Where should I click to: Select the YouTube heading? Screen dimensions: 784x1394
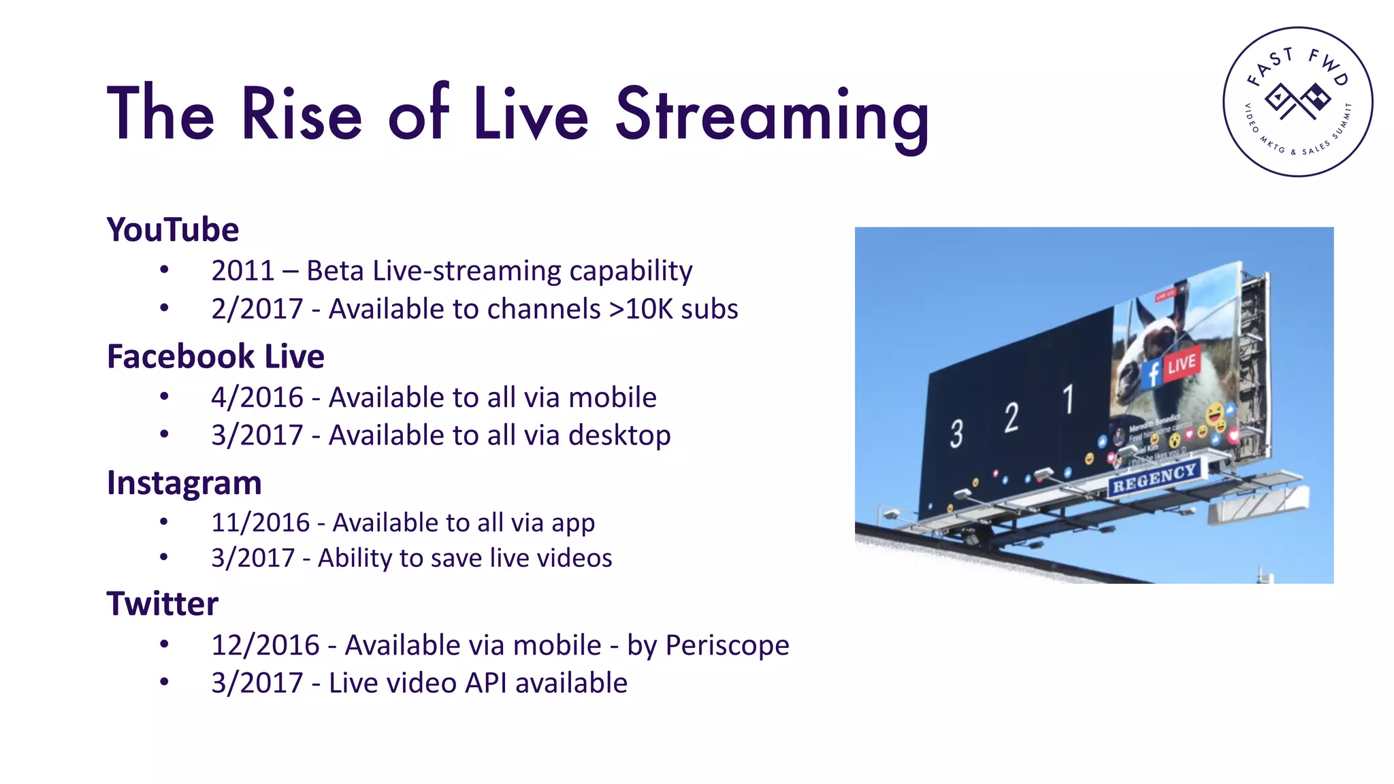tap(173, 230)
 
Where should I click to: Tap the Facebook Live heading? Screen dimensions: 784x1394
tap(215, 357)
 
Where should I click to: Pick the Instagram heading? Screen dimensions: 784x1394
tap(184, 483)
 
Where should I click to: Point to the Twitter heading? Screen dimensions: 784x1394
tap(162, 604)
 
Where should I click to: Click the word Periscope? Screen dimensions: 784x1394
tap(727, 645)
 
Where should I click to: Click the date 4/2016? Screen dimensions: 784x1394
tap(257, 397)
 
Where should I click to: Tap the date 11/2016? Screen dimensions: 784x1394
tap(260, 523)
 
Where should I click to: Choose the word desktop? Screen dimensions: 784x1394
tap(619, 436)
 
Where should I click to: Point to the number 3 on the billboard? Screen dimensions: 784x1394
tap(956, 434)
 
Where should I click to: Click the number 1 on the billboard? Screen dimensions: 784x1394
tap(1069, 399)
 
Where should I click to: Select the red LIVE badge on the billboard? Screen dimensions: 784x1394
tap(1181, 365)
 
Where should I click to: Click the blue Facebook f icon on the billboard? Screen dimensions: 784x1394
tap(1152, 374)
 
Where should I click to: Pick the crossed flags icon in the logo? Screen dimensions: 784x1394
tap(1297, 101)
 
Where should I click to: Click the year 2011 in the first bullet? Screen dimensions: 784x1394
tap(242, 271)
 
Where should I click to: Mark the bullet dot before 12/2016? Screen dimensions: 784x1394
tap(164, 644)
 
